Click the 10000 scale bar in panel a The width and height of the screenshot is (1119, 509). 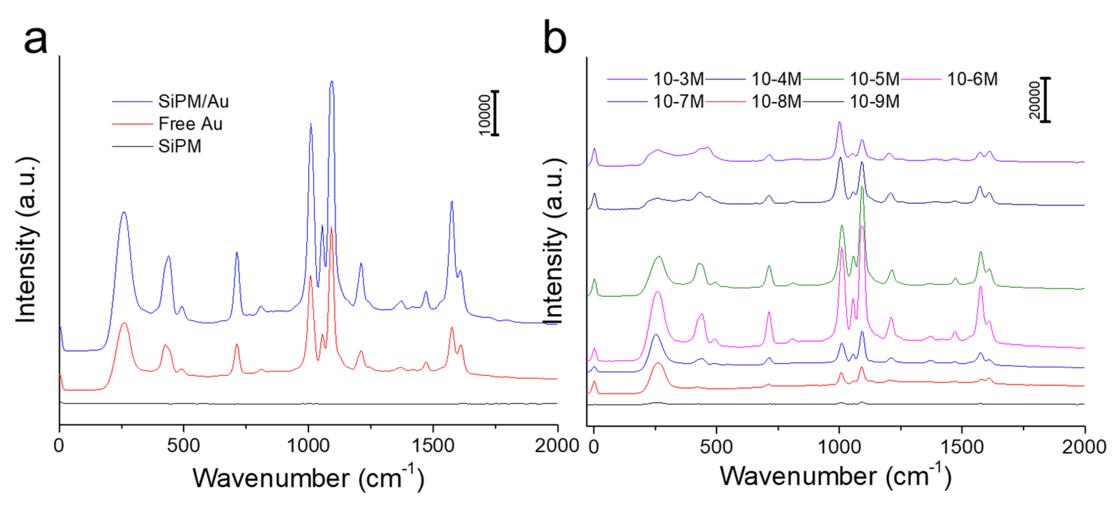coord(495,113)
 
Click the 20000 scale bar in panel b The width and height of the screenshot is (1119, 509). coord(1046,100)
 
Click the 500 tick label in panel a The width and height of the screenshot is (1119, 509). coord(183,446)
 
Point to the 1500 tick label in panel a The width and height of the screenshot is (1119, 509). coord(433,446)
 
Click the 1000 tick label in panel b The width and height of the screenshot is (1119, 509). coord(839,446)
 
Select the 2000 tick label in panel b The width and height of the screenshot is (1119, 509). coord(1084,446)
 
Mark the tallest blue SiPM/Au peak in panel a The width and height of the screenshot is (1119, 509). coord(332,83)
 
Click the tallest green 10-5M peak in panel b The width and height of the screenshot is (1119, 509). coord(862,187)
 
